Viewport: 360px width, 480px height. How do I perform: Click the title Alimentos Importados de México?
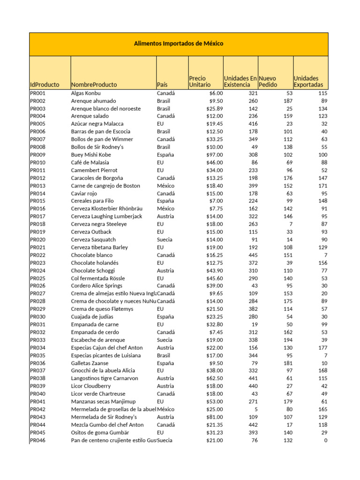179,44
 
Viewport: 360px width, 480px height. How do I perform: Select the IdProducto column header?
45,85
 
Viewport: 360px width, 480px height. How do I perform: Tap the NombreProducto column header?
94,85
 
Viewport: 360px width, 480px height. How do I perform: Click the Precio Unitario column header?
200,82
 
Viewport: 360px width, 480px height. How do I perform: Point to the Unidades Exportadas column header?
308,82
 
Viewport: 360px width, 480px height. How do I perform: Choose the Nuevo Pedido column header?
268,82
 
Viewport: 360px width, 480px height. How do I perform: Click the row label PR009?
38,155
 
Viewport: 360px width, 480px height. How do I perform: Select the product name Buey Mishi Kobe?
91,155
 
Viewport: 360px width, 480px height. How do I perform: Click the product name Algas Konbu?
86,93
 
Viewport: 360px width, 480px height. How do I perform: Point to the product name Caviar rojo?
84,193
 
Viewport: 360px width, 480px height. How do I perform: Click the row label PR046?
38,440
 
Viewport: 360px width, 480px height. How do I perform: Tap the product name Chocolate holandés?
95,263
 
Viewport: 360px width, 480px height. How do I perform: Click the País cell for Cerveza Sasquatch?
165,240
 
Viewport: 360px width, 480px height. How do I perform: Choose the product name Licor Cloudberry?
91,386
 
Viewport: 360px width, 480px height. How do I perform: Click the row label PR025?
38,278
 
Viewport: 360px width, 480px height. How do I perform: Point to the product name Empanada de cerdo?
94,332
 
